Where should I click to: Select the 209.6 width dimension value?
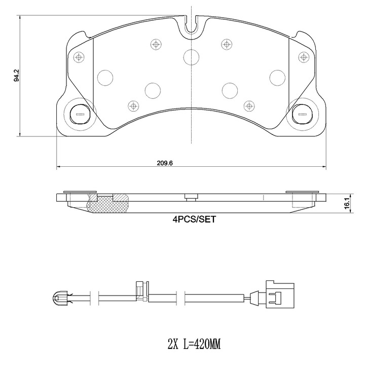coord(165,163)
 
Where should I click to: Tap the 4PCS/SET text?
coord(194,220)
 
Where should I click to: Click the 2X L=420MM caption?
coord(194,344)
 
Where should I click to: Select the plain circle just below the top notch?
coord(191,57)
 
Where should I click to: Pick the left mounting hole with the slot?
coord(80,114)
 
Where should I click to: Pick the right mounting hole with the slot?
coord(302,114)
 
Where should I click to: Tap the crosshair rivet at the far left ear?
coord(79,57)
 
